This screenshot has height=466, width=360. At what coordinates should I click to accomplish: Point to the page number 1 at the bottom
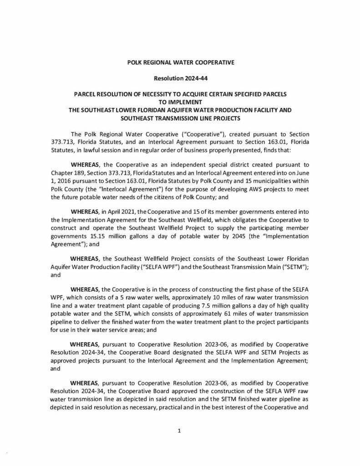point(180,433)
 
